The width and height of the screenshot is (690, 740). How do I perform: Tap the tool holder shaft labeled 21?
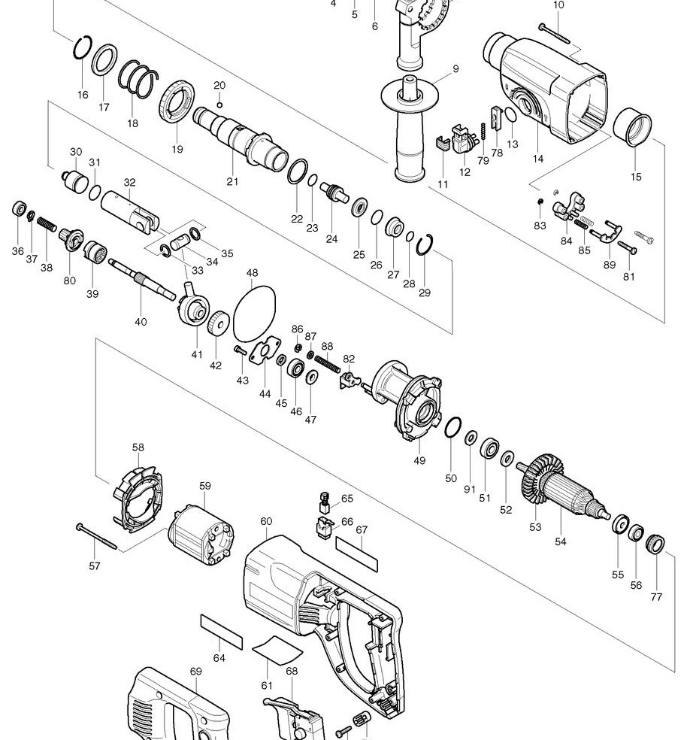239,139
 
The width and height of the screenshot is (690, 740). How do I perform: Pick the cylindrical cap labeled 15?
632,129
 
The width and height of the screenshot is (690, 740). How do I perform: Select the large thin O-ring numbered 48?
256,308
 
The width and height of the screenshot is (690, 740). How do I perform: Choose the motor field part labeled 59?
200,535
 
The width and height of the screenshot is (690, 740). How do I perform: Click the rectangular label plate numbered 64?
222,630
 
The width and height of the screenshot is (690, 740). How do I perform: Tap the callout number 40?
141,322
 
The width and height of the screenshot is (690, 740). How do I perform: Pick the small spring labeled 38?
47,224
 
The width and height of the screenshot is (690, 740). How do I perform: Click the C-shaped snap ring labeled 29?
425,245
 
